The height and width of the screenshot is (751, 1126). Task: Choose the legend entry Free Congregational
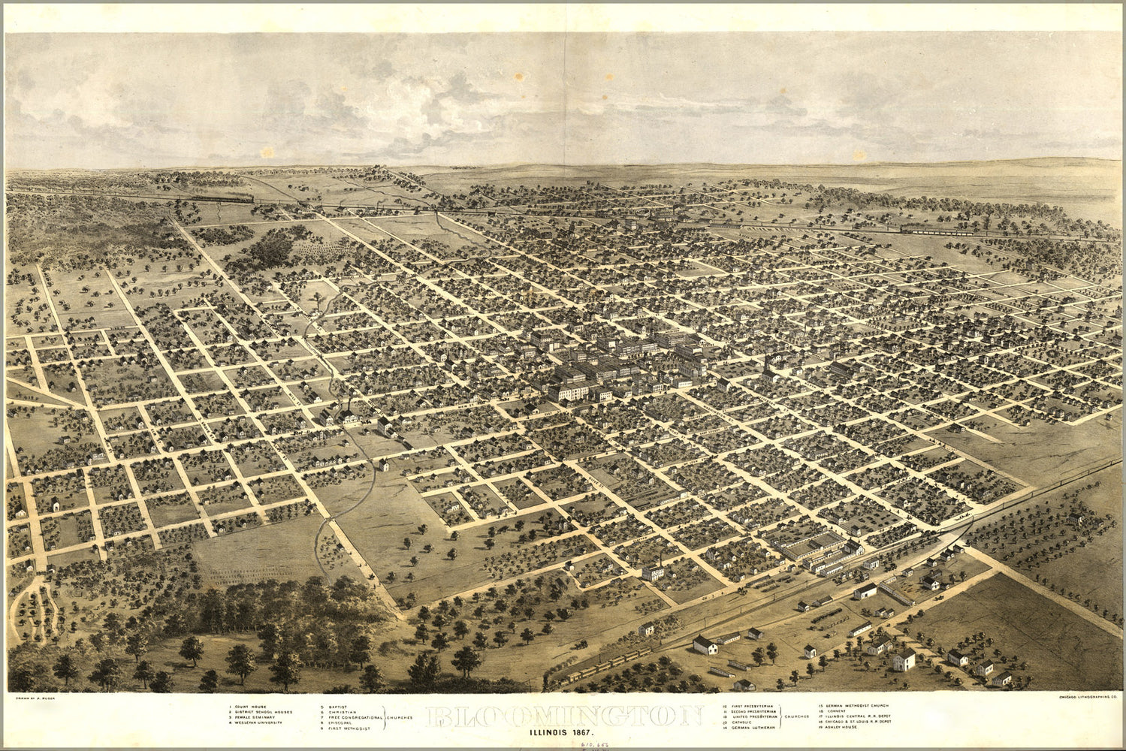click(x=352, y=717)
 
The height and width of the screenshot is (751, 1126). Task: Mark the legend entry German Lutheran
click(x=748, y=728)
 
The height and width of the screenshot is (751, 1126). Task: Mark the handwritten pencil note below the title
click(x=593, y=743)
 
